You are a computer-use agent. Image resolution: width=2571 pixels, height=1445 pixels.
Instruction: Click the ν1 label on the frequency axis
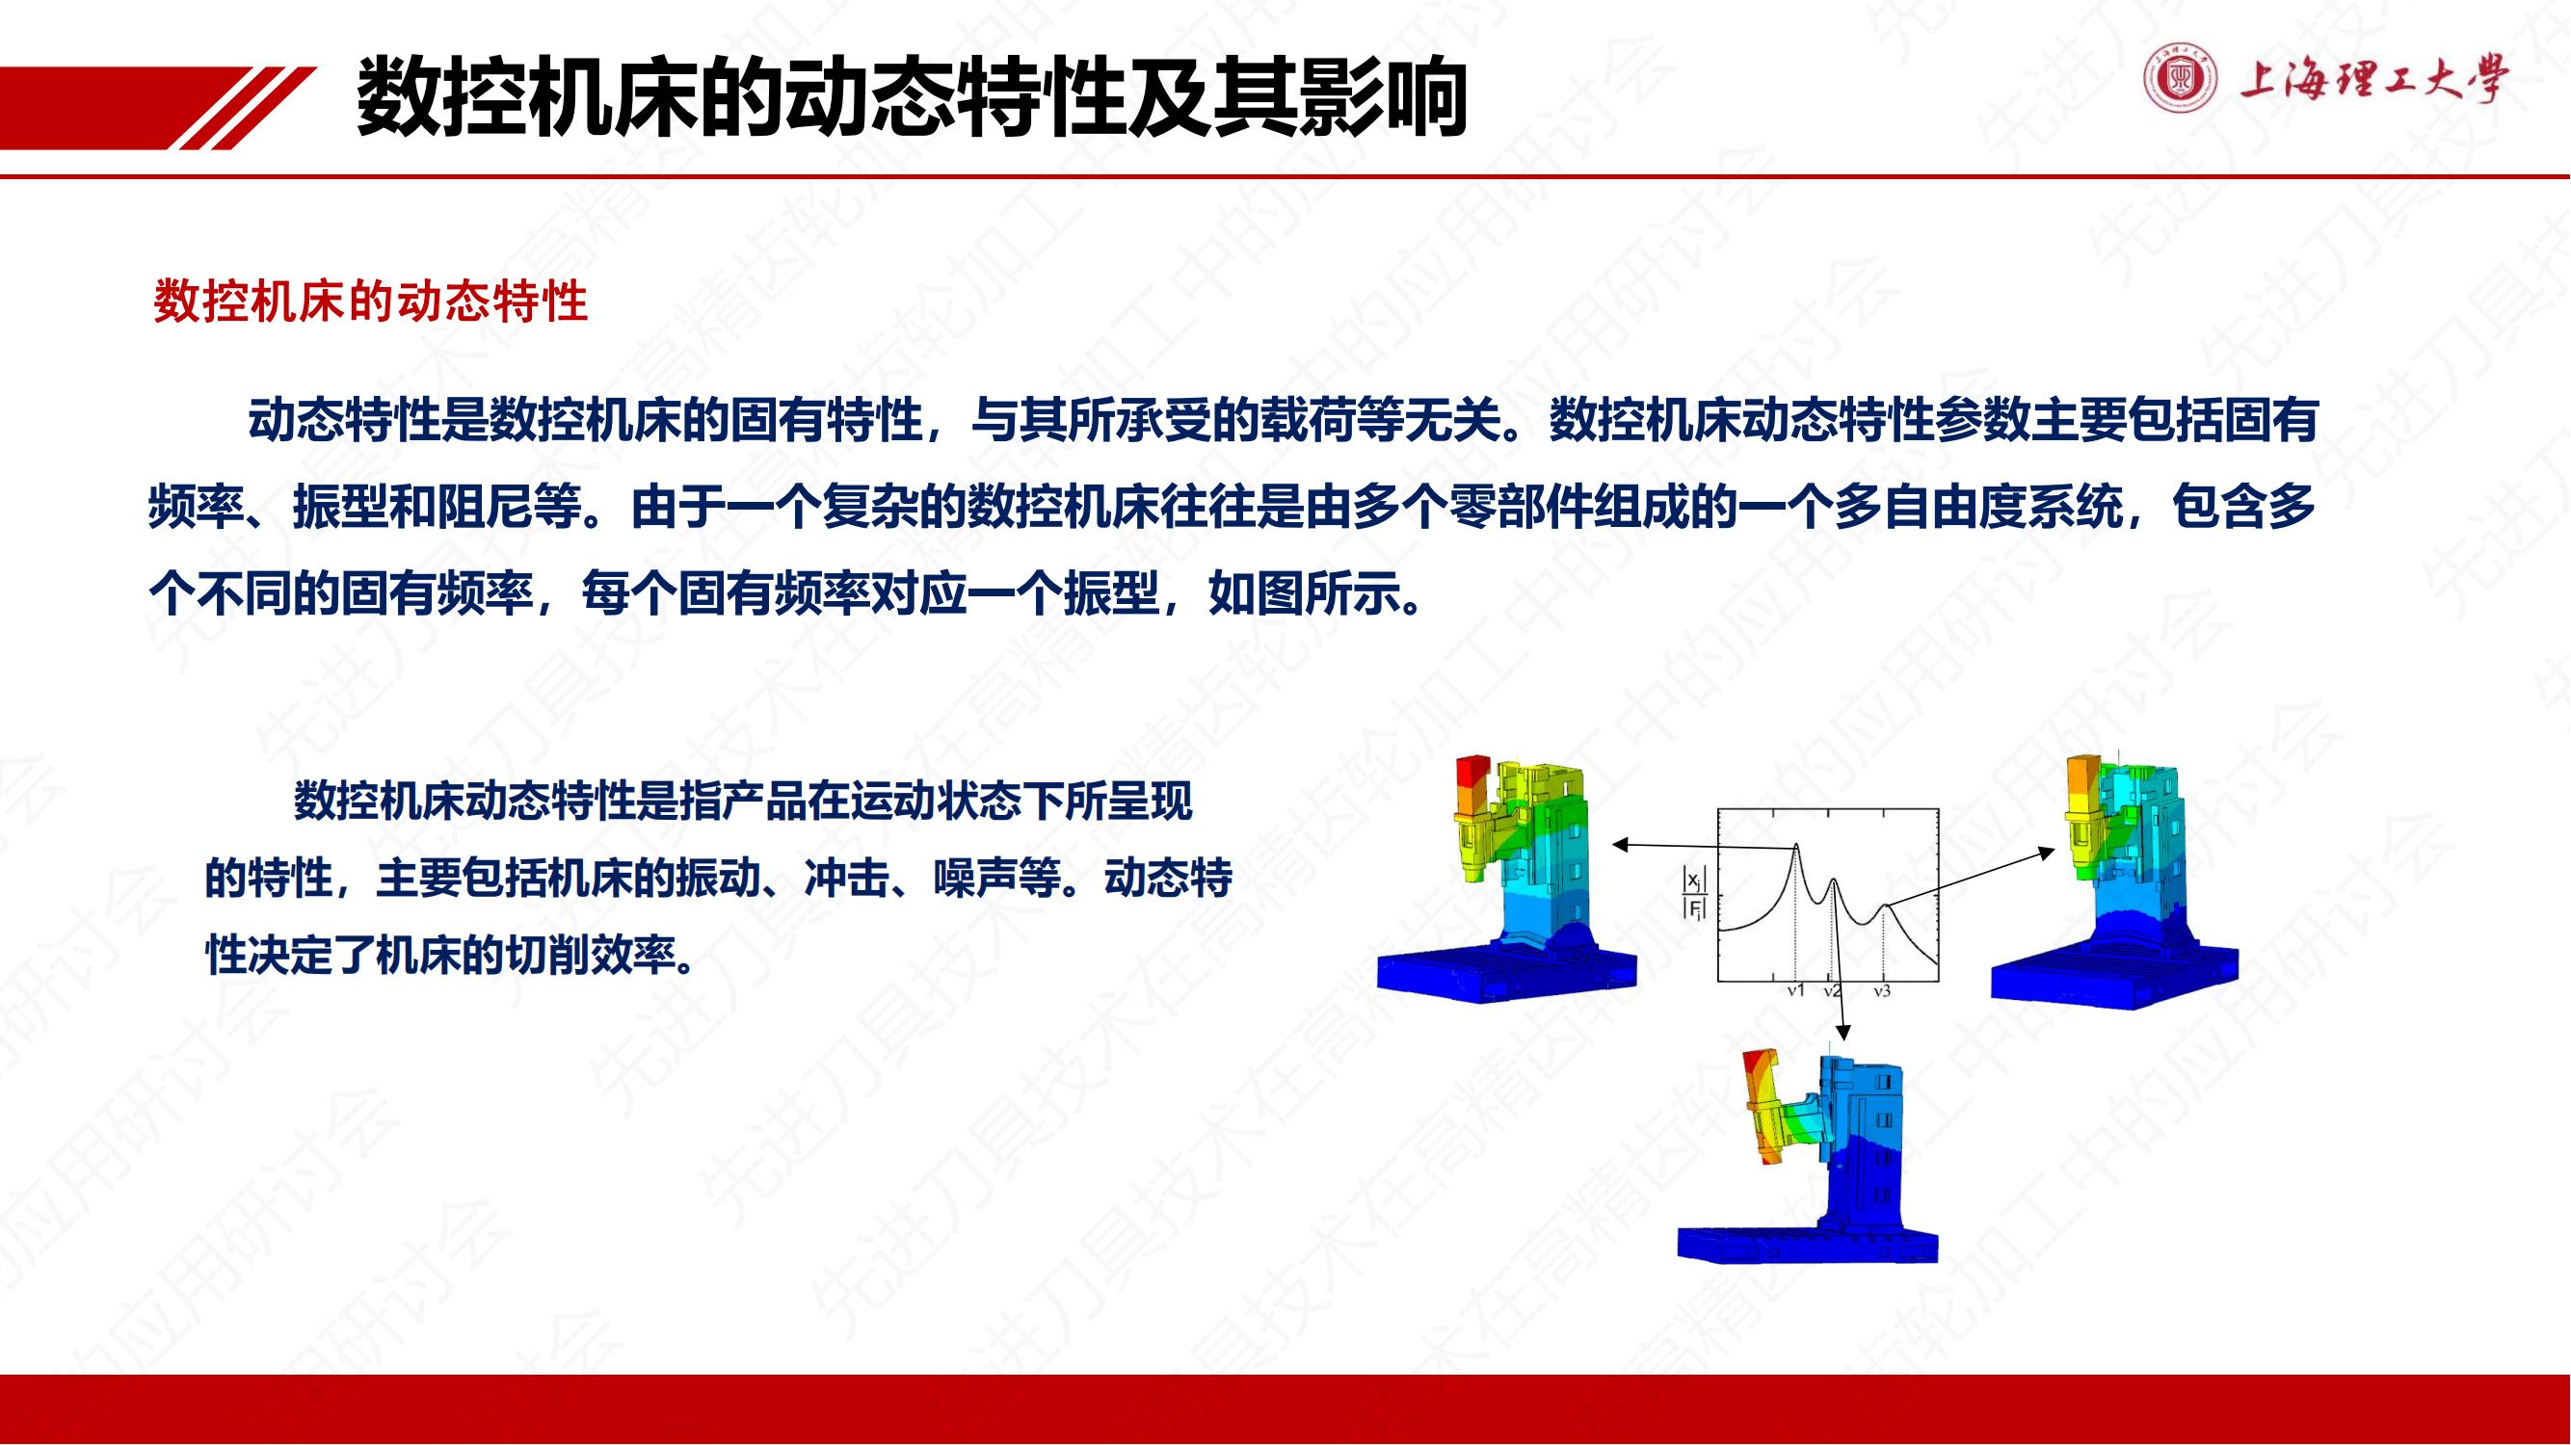point(1795,992)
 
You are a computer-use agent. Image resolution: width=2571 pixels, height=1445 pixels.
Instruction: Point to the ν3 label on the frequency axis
point(1881,992)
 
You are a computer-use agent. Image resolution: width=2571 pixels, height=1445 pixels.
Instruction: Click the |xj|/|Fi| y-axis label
point(1695,894)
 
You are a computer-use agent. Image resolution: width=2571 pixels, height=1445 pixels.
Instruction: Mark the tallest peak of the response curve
point(1796,845)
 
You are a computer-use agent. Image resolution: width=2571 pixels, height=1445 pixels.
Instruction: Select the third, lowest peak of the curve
point(1884,906)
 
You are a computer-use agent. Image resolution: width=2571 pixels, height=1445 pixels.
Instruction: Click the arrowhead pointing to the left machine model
point(1620,845)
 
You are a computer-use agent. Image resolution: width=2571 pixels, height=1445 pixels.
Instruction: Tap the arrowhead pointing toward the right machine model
point(2048,853)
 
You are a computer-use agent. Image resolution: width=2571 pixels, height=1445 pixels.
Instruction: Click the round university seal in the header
point(2181,79)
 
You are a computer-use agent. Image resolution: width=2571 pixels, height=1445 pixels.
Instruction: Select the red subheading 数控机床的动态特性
point(370,302)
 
